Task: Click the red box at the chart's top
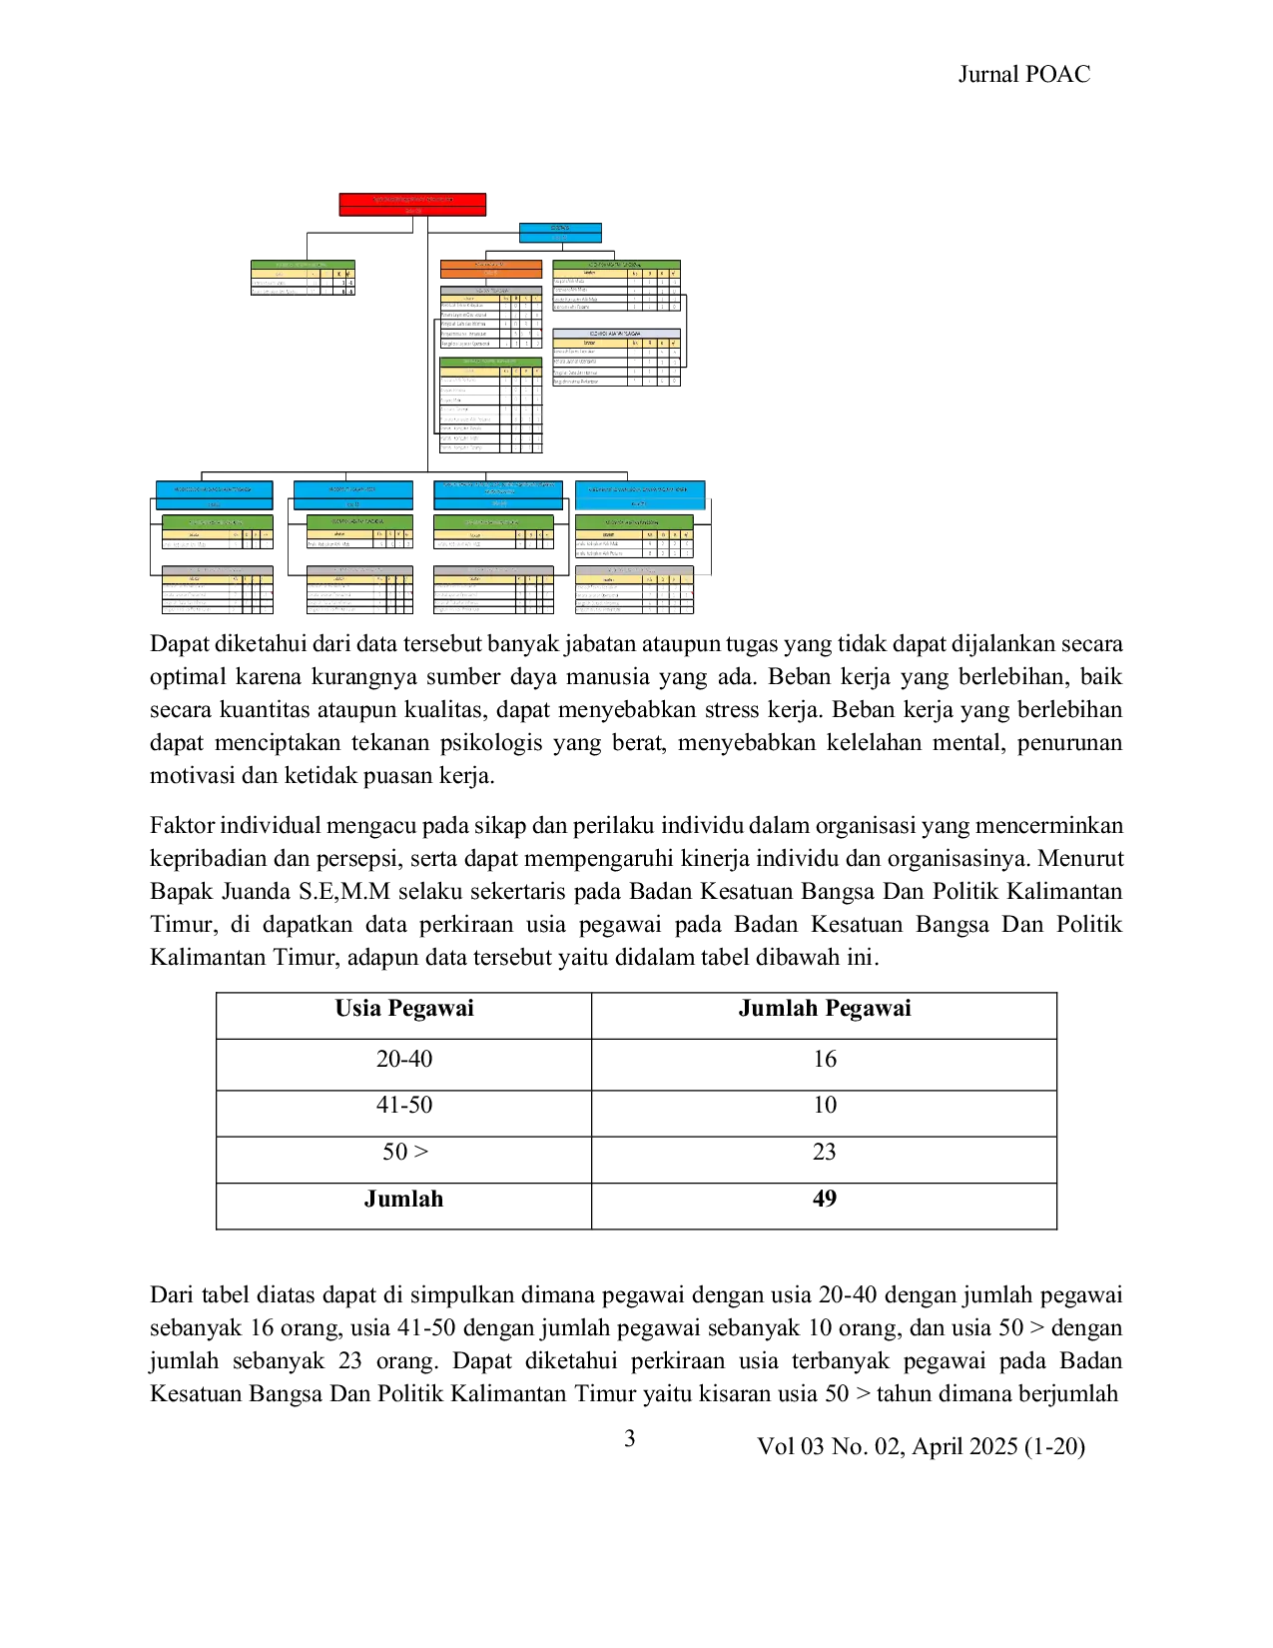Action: tap(411, 204)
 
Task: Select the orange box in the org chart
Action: tap(490, 269)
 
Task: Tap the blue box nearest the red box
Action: tap(561, 233)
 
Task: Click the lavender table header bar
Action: tap(616, 334)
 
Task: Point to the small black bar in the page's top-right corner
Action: tap(1025, 76)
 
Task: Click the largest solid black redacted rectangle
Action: tap(639, 1109)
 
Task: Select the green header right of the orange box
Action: tap(616, 264)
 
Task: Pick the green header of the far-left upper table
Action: tap(302, 264)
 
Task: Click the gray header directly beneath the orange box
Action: tap(490, 290)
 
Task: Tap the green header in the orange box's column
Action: tap(490, 361)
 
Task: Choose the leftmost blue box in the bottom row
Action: tap(213, 494)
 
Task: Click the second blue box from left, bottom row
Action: tap(351, 494)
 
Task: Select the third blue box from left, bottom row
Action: tap(498, 494)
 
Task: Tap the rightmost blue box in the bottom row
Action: tap(641, 494)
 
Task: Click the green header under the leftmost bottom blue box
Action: tap(217, 522)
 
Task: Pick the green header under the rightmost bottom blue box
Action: tap(634, 521)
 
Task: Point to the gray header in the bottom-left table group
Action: tap(217, 569)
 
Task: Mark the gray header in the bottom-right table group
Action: tap(634, 569)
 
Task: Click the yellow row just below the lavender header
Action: tap(616, 343)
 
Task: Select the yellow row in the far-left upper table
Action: tap(302, 273)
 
